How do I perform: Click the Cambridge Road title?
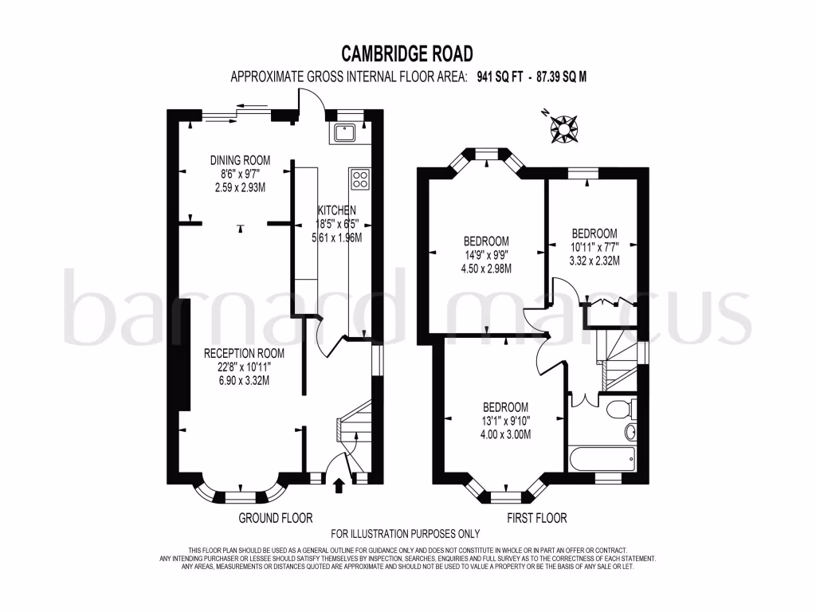(x=407, y=53)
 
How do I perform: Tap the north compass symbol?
(x=565, y=127)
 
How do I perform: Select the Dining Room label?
(x=236, y=159)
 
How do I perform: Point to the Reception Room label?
(x=243, y=353)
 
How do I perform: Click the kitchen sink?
(x=346, y=132)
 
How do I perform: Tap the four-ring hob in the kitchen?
(x=359, y=179)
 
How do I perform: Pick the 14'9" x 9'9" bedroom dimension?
(x=486, y=255)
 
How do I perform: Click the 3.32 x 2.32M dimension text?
(x=594, y=261)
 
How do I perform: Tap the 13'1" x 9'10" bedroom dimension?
(x=505, y=421)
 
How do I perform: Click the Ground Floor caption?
(x=276, y=518)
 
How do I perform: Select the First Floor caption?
(x=537, y=518)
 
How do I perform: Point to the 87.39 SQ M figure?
(x=567, y=77)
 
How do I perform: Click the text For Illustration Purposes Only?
(x=406, y=534)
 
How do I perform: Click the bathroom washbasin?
(x=631, y=432)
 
